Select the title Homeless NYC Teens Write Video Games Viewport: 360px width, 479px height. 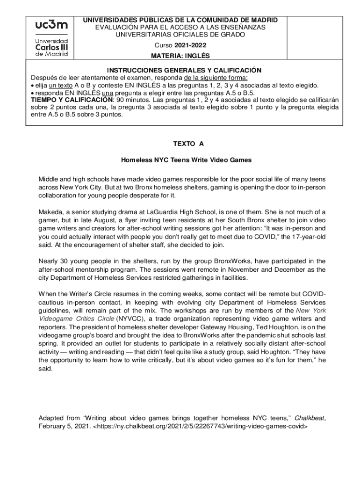[186, 160]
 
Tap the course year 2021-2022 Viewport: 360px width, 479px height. [190, 45]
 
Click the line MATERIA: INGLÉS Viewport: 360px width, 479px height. [179, 56]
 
